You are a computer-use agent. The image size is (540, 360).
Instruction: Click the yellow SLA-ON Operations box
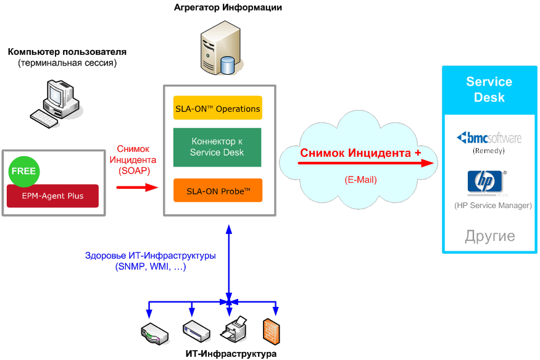pyautogui.click(x=218, y=108)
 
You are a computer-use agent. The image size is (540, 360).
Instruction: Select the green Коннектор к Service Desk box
pyautogui.click(x=217, y=148)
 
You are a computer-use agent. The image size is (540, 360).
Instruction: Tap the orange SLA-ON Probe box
pyautogui.click(x=218, y=190)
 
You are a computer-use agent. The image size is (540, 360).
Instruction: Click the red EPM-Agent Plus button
pyautogui.click(x=53, y=196)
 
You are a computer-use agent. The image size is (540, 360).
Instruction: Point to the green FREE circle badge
pyautogui.click(x=23, y=172)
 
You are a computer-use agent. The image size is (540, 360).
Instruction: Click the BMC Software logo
pyautogui.click(x=488, y=138)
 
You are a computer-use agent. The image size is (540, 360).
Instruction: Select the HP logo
pyautogui.click(x=485, y=182)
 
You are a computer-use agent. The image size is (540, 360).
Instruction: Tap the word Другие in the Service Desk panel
pyautogui.click(x=489, y=237)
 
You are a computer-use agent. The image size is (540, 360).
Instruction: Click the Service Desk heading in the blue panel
pyautogui.click(x=489, y=90)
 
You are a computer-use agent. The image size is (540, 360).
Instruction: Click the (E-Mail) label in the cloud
pyautogui.click(x=360, y=180)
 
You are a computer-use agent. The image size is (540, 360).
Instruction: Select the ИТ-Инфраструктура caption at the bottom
pyautogui.click(x=231, y=354)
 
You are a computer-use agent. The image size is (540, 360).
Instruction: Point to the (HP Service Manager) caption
pyautogui.click(x=492, y=205)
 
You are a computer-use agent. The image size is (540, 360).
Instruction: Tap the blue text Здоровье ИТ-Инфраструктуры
pyautogui.click(x=151, y=255)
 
